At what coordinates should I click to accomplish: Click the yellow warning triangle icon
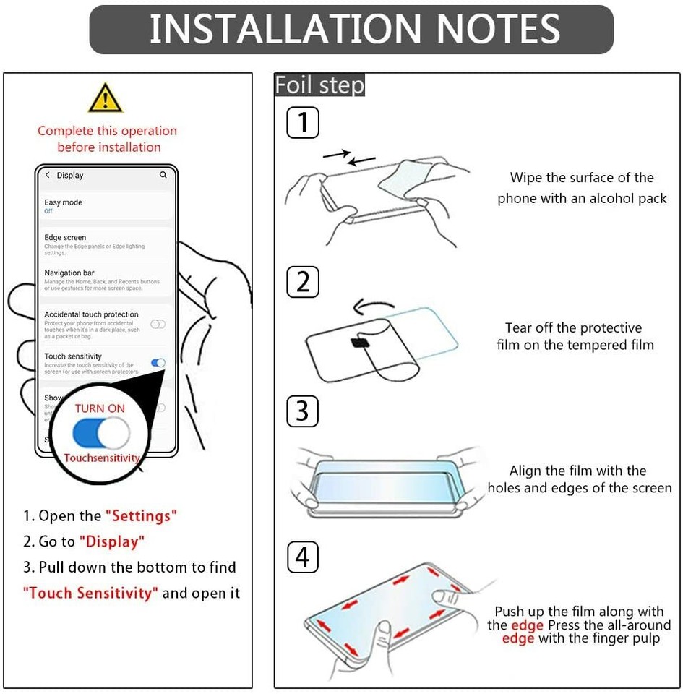[106, 98]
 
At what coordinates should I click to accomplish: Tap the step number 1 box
[303, 122]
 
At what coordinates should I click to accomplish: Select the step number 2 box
[303, 281]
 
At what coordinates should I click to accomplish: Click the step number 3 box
[303, 411]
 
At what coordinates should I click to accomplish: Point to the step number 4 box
[303, 557]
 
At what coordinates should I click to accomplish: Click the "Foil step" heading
[319, 85]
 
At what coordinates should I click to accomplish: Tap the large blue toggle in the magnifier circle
[101, 433]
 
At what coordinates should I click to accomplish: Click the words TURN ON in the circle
[100, 408]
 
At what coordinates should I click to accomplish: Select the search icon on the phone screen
[163, 175]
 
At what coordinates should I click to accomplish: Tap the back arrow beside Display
[48, 175]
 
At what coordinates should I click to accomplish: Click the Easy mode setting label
[63, 202]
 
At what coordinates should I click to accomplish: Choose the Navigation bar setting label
[69, 273]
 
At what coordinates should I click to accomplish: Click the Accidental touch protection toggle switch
[158, 324]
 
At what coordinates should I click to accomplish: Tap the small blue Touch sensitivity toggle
[158, 363]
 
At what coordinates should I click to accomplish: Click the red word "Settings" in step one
[141, 516]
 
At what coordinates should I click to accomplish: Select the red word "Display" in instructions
[112, 541]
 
